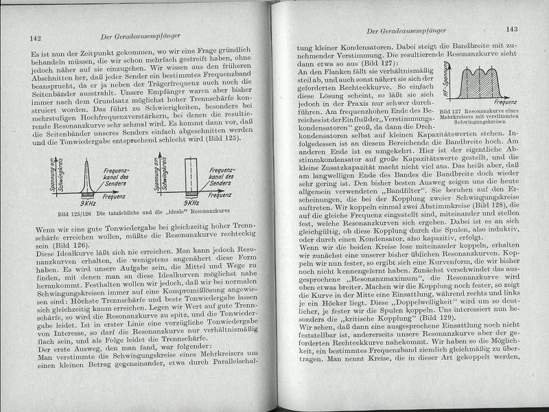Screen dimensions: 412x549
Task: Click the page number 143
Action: pyautogui.click(x=510, y=30)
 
